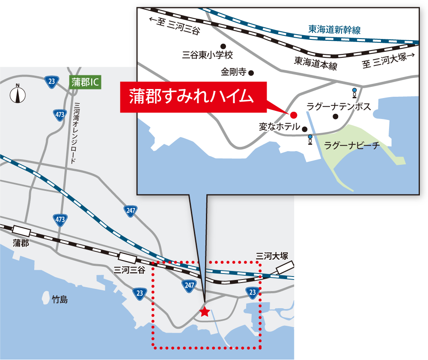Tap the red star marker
tap(205, 312)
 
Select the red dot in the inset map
tap(294, 115)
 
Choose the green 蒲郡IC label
tap(85, 82)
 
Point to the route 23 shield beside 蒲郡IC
tap(52, 82)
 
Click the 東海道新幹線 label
tap(334, 30)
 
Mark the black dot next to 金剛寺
tap(251, 73)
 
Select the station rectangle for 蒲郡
tap(22, 231)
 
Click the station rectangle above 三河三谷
tap(128, 258)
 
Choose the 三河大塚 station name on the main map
tap(272, 256)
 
